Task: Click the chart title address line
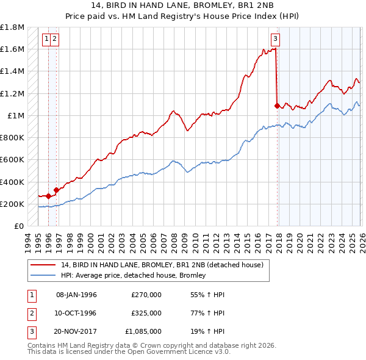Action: [183, 6]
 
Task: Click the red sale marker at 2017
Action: [277, 106]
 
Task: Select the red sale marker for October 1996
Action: [57, 190]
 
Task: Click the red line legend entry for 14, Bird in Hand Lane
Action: [162, 265]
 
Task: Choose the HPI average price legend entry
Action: [133, 275]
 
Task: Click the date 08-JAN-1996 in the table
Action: [76, 295]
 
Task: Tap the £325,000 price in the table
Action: [146, 313]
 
